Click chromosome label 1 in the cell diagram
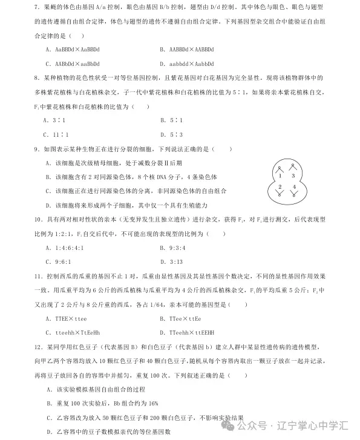pos(280,175)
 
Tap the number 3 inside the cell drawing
pos(293,175)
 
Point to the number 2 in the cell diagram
pos(280,187)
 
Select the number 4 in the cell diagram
pos(293,187)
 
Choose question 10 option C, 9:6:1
pos(59,261)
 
